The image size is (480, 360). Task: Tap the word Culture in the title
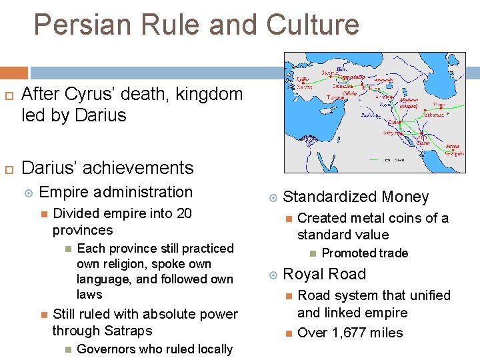click(x=313, y=25)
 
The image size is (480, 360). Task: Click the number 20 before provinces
click(x=183, y=213)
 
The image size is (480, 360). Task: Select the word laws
click(x=89, y=294)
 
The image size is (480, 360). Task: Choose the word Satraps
click(x=127, y=331)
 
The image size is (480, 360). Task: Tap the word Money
click(x=405, y=197)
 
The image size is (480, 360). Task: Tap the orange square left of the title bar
click(x=14, y=73)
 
